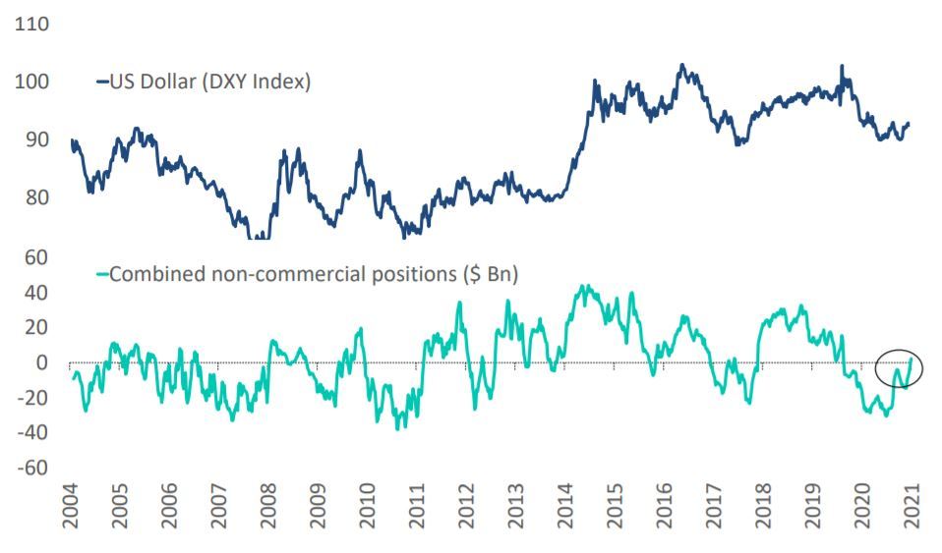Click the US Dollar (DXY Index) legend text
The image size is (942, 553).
click(209, 83)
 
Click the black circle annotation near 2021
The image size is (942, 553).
click(899, 367)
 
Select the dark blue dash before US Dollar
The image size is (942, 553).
click(100, 83)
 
